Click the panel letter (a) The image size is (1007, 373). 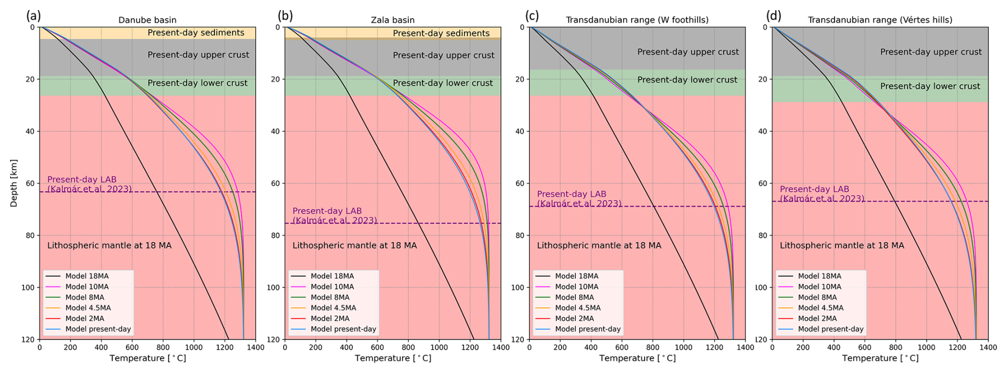pyautogui.click(x=33, y=15)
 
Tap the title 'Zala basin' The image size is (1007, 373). pyautogui.click(x=392, y=20)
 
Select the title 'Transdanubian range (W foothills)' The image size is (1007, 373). pyautogui.click(x=637, y=20)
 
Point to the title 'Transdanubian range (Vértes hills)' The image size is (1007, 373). pyautogui.click(x=880, y=20)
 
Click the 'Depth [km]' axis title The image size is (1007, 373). pyautogui.click(x=14, y=183)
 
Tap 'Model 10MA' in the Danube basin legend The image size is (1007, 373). pyautogui.click(x=87, y=287)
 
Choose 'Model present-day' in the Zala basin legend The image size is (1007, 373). pyautogui.click(x=343, y=329)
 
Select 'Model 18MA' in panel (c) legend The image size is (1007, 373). pyautogui.click(x=576, y=276)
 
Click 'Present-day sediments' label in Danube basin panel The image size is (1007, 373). pyautogui.click(x=196, y=32)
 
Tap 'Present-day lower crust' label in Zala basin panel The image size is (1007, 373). pyautogui.click(x=443, y=83)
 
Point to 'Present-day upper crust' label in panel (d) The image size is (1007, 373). pyautogui.click(x=931, y=52)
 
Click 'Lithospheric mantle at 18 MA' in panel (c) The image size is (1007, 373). pyautogui.click(x=599, y=245)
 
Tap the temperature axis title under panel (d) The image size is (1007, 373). pyautogui.click(x=880, y=358)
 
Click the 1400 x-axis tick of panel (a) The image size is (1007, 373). pyautogui.click(x=255, y=347)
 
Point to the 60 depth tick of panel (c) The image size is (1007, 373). pyautogui.click(x=522, y=184)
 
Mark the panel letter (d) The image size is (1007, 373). pyautogui.click(x=773, y=15)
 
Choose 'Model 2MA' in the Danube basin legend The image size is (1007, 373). pyautogui.click(x=85, y=318)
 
